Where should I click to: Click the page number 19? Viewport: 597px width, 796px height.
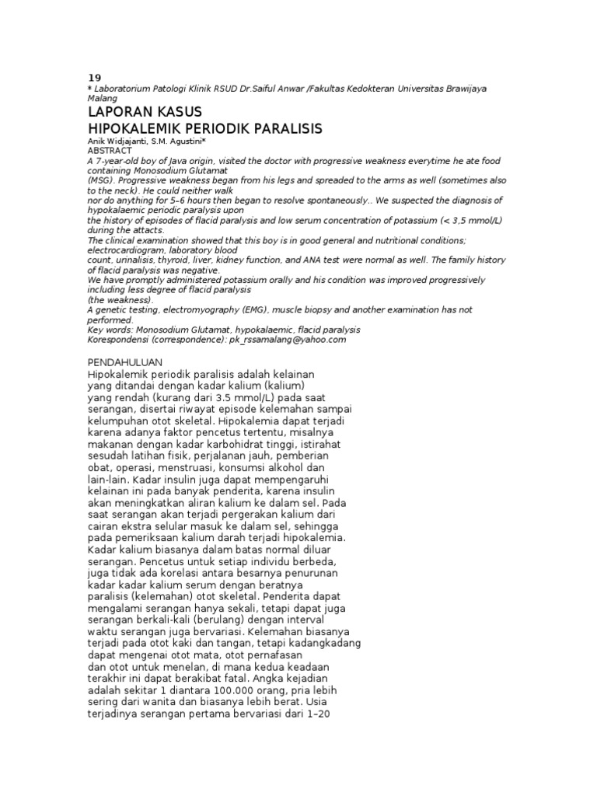click(x=94, y=78)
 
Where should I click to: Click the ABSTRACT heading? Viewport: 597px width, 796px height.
click(x=110, y=150)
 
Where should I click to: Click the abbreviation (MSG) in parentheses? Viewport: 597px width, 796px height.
click(x=101, y=180)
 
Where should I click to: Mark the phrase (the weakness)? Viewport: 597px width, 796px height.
click(x=120, y=300)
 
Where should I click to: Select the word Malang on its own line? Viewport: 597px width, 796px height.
click(x=103, y=99)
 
